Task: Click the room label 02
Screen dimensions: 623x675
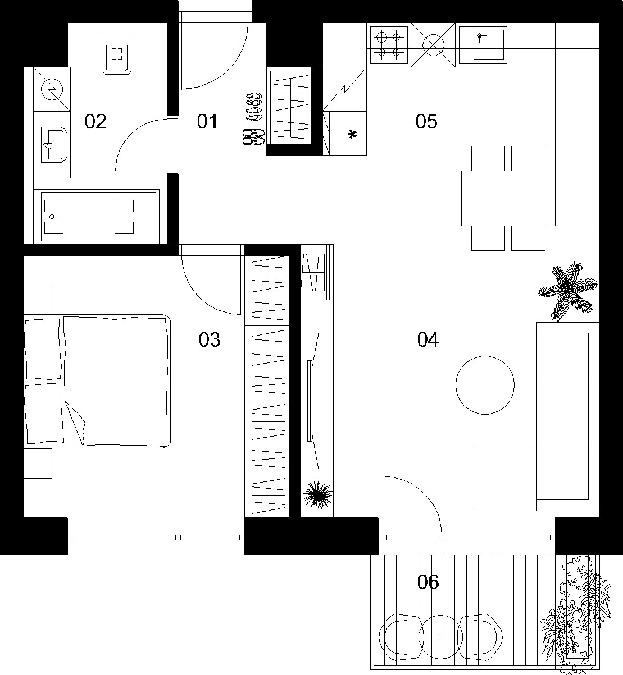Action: click(96, 121)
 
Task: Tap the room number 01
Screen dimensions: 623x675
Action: click(207, 121)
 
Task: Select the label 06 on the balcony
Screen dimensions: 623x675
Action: click(428, 581)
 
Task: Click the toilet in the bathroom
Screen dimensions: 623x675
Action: click(117, 54)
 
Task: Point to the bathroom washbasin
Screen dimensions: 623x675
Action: click(54, 144)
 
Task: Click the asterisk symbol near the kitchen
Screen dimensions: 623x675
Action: click(352, 135)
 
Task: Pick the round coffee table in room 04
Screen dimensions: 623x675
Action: click(485, 385)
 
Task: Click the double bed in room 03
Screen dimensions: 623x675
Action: click(97, 381)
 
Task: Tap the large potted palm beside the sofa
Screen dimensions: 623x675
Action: click(567, 291)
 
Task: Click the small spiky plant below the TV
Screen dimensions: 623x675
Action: click(317, 494)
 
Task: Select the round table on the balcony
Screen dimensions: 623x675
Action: click(441, 637)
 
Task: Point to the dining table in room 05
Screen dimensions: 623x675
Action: click(508, 198)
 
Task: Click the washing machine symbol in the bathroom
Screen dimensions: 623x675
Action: click(52, 89)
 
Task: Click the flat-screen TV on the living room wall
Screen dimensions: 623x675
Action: click(310, 401)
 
